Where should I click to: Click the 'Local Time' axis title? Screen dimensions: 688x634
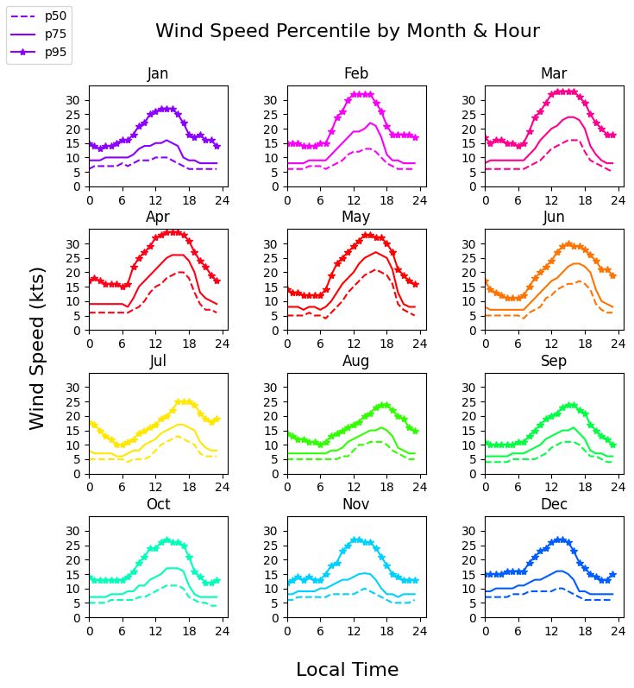point(347,670)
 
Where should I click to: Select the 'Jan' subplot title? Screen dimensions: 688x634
point(158,73)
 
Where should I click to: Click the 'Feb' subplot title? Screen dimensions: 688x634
point(356,73)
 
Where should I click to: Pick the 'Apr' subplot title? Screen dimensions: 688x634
point(158,217)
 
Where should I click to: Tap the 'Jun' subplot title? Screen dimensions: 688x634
point(554,217)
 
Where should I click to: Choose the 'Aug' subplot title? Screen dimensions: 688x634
point(356,361)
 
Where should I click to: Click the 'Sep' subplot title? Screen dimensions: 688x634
point(554,361)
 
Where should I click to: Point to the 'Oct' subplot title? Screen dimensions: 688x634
point(158,504)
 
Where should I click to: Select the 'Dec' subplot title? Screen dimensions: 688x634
point(554,504)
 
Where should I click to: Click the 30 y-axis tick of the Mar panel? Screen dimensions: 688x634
point(471,100)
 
